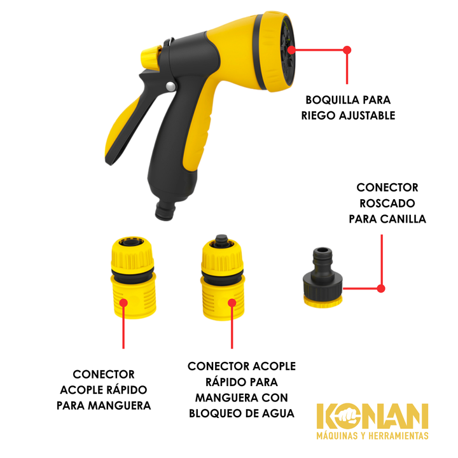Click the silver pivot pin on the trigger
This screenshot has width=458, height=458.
click(x=170, y=87)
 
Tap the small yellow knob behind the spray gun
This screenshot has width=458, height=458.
click(x=150, y=58)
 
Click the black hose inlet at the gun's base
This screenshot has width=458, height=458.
click(x=165, y=209)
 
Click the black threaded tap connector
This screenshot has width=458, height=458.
click(x=322, y=272)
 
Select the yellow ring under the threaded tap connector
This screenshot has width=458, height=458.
click(x=323, y=301)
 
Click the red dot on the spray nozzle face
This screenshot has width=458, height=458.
click(x=291, y=50)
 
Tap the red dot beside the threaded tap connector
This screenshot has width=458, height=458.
click(x=381, y=289)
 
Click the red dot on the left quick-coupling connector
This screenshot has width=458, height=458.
click(x=123, y=302)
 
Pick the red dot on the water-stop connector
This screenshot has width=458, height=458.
click(x=232, y=303)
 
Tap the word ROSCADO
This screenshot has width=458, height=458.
click(x=387, y=204)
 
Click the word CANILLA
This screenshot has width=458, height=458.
click(x=405, y=219)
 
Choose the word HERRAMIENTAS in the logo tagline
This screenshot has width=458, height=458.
click(x=398, y=436)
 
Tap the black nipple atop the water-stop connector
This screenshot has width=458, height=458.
click(x=221, y=241)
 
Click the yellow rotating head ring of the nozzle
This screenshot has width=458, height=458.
click(x=275, y=53)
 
